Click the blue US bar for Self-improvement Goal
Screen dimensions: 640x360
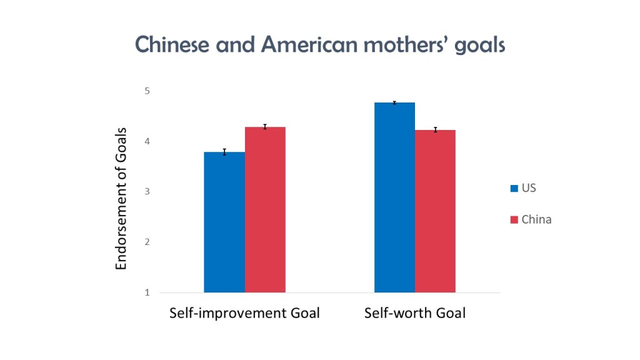(x=224, y=222)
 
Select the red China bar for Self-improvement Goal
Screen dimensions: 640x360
(x=265, y=210)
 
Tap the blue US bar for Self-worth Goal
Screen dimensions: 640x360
(x=395, y=197)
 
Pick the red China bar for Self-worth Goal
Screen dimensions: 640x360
(x=436, y=211)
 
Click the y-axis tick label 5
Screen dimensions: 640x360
(x=147, y=91)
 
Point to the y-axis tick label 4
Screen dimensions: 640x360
(x=147, y=142)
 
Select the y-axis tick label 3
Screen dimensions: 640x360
(x=147, y=191)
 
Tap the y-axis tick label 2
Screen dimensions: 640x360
(x=147, y=242)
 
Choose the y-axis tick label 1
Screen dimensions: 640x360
(x=147, y=292)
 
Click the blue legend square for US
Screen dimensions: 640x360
(x=514, y=188)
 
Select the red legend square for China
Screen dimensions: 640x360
(x=514, y=219)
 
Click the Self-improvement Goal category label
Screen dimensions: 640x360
(x=244, y=313)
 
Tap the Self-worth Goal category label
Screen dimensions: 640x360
(x=415, y=313)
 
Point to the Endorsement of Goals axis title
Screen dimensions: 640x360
(x=121, y=199)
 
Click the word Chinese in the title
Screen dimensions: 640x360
(x=172, y=44)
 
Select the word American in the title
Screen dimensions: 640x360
(x=309, y=44)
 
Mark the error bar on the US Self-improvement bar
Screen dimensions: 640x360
(x=224, y=152)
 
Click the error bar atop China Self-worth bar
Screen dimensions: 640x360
(x=436, y=130)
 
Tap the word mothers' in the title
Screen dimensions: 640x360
(x=406, y=44)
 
